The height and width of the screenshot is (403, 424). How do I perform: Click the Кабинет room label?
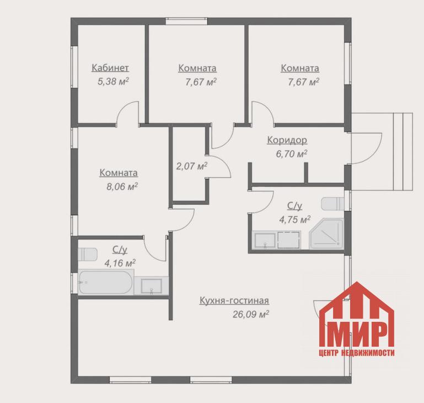click(x=110, y=68)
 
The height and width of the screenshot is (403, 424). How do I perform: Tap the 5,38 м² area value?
click(x=113, y=81)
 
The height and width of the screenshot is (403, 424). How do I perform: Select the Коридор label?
click(x=287, y=140)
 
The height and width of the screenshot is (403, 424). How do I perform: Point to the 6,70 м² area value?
click(x=292, y=154)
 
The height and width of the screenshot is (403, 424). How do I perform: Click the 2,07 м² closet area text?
click(x=192, y=166)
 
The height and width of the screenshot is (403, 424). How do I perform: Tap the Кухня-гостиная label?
click(x=234, y=301)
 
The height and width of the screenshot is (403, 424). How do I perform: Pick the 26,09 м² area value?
click(x=251, y=315)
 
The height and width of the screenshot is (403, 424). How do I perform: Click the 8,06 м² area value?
click(x=122, y=187)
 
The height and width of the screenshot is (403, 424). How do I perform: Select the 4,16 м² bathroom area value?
click(x=120, y=263)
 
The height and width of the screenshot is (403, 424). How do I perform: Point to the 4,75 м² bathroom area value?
click(x=295, y=219)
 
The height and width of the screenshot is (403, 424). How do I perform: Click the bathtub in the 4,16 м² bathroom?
click(x=106, y=282)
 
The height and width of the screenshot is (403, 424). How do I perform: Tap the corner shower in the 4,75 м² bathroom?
click(x=326, y=234)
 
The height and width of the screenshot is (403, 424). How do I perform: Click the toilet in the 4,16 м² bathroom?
click(x=87, y=254)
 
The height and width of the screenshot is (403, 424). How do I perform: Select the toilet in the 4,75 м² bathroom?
click(x=332, y=204)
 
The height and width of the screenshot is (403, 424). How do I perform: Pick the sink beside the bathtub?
click(x=152, y=286)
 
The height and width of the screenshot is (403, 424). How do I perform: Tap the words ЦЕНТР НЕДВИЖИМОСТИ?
click(x=357, y=353)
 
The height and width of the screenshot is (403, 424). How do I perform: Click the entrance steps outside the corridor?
click(x=403, y=151)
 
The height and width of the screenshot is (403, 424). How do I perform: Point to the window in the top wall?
click(x=186, y=21)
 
